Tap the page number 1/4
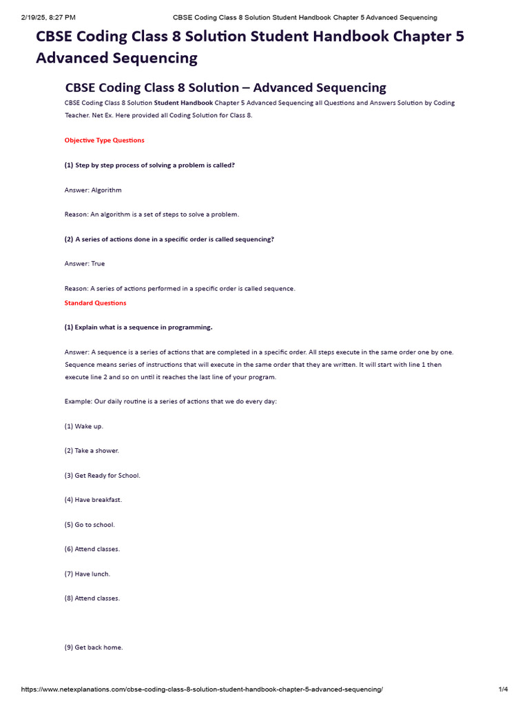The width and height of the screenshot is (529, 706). click(503, 689)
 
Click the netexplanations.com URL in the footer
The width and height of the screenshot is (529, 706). click(202, 689)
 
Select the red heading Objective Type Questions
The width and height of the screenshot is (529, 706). click(105, 141)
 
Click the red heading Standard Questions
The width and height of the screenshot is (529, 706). click(96, 303)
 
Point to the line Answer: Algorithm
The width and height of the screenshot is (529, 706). click(93, 190)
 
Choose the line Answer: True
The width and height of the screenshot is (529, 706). click(85, 263)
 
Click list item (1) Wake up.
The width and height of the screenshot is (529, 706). click(84, 426)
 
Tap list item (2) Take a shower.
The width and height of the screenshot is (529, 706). click(92, 450)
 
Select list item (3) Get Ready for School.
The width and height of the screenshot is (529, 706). click(102, 475)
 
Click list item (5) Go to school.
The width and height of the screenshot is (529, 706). click(90, 524)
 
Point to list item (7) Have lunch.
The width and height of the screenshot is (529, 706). click(87, 574)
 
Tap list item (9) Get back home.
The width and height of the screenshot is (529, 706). click(94, 647)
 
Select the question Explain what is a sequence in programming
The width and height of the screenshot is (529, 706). click(138, 327)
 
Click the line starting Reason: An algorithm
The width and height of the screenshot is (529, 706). click(152, 214)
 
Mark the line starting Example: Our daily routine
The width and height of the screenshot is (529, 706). click(170, 401)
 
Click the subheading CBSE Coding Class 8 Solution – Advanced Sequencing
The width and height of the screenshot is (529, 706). click(225, 88)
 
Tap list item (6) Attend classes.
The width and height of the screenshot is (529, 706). click(92, 549)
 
